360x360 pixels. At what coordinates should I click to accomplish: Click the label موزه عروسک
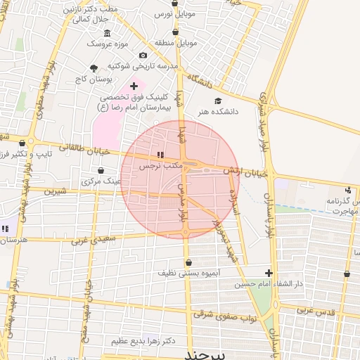[105, 44]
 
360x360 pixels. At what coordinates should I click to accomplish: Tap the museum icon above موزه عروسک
[107, 33]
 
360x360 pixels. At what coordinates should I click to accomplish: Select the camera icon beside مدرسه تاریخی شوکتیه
[143, 56]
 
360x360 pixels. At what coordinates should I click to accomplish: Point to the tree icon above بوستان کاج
[94, 68]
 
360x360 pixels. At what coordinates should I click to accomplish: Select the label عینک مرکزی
[102, 181]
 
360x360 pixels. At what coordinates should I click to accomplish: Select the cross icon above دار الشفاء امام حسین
[269, 274]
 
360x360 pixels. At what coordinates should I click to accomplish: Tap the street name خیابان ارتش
[246, 171]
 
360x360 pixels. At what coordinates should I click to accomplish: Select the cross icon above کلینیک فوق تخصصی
[134, 86]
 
